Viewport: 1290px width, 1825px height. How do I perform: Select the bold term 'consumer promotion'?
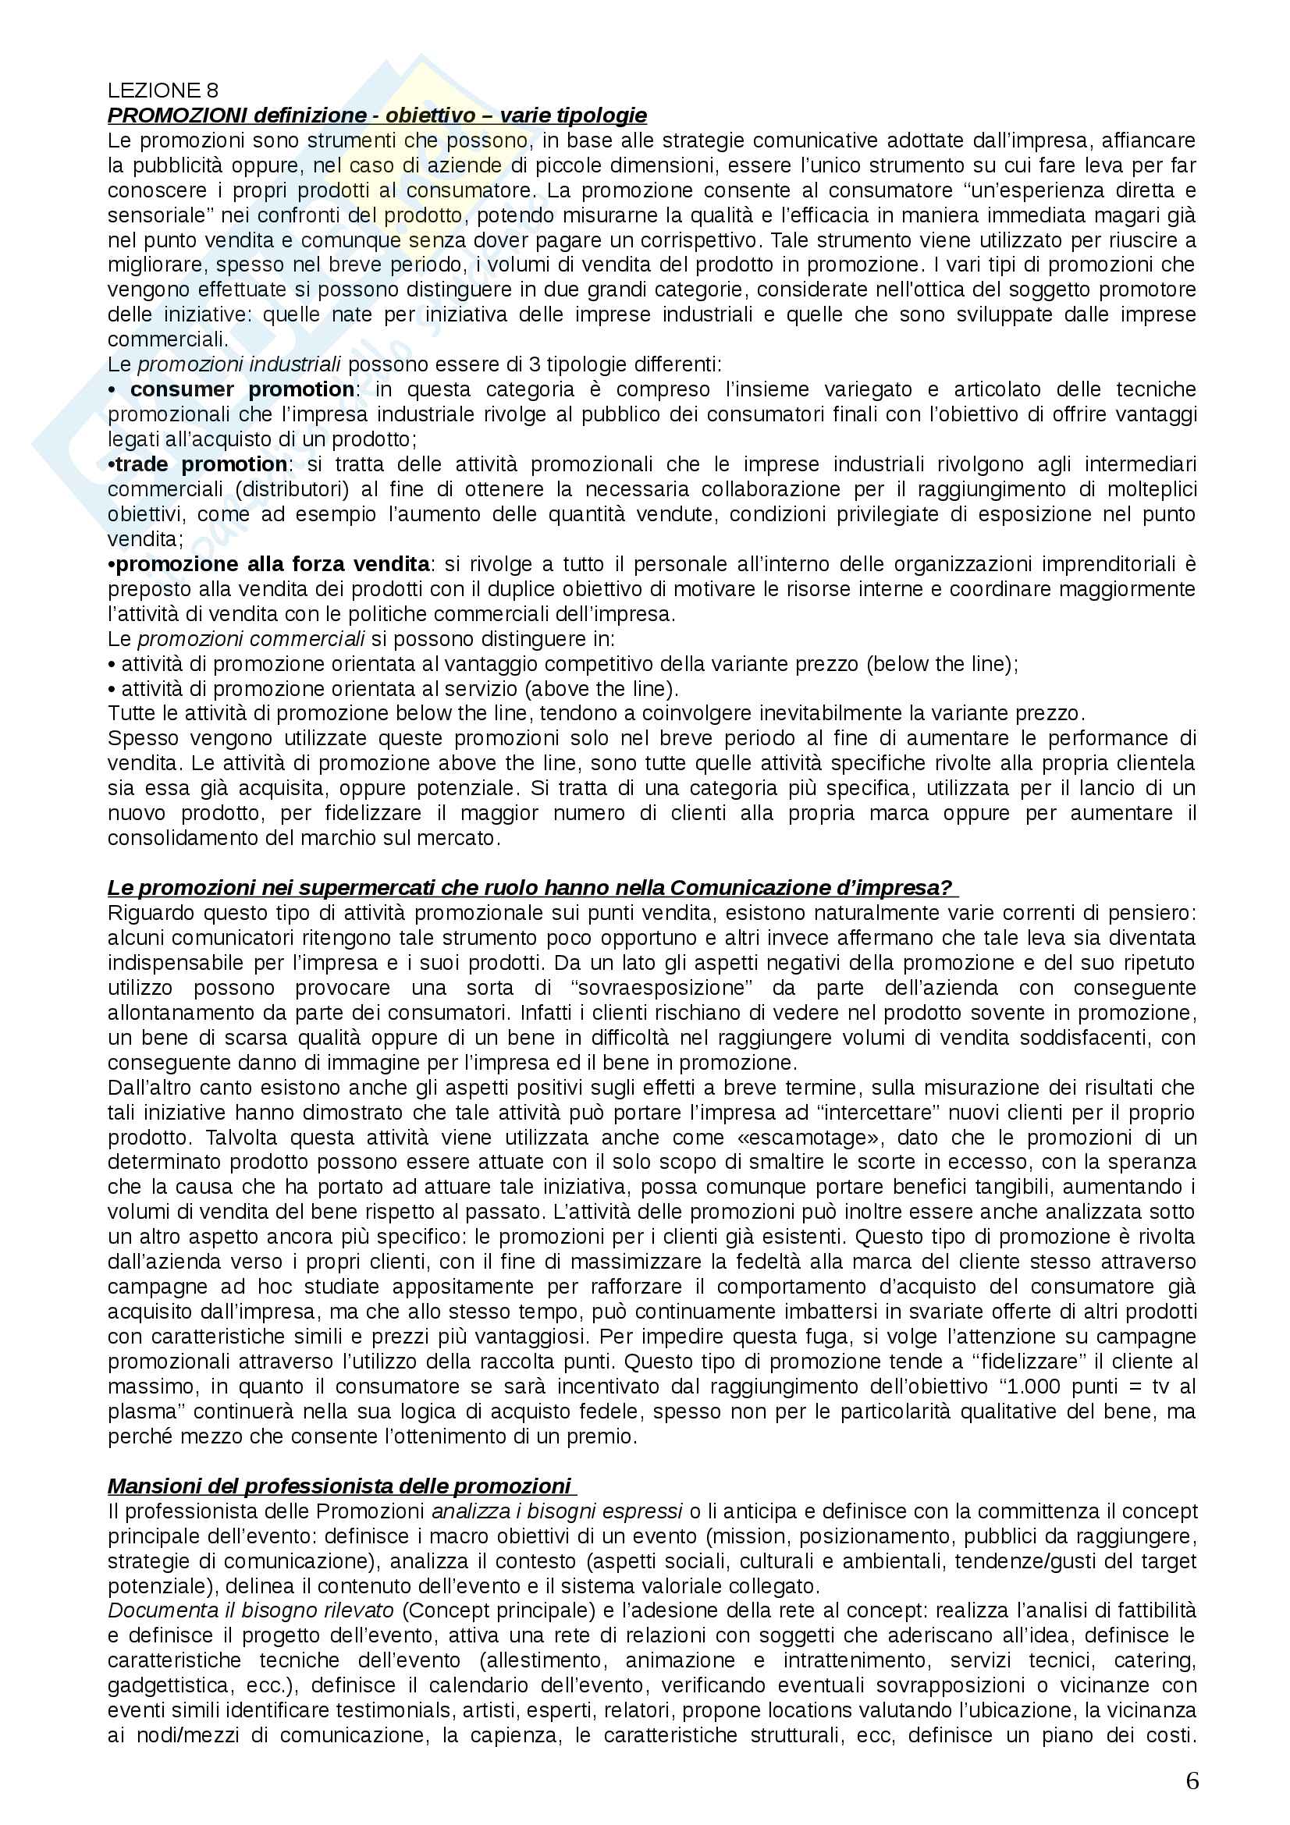[x=243, y=389]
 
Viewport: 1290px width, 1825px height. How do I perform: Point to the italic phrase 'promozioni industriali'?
[x=240, y=365]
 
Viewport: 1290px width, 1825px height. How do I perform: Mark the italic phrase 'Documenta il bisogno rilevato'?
[x=251, y=1610]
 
